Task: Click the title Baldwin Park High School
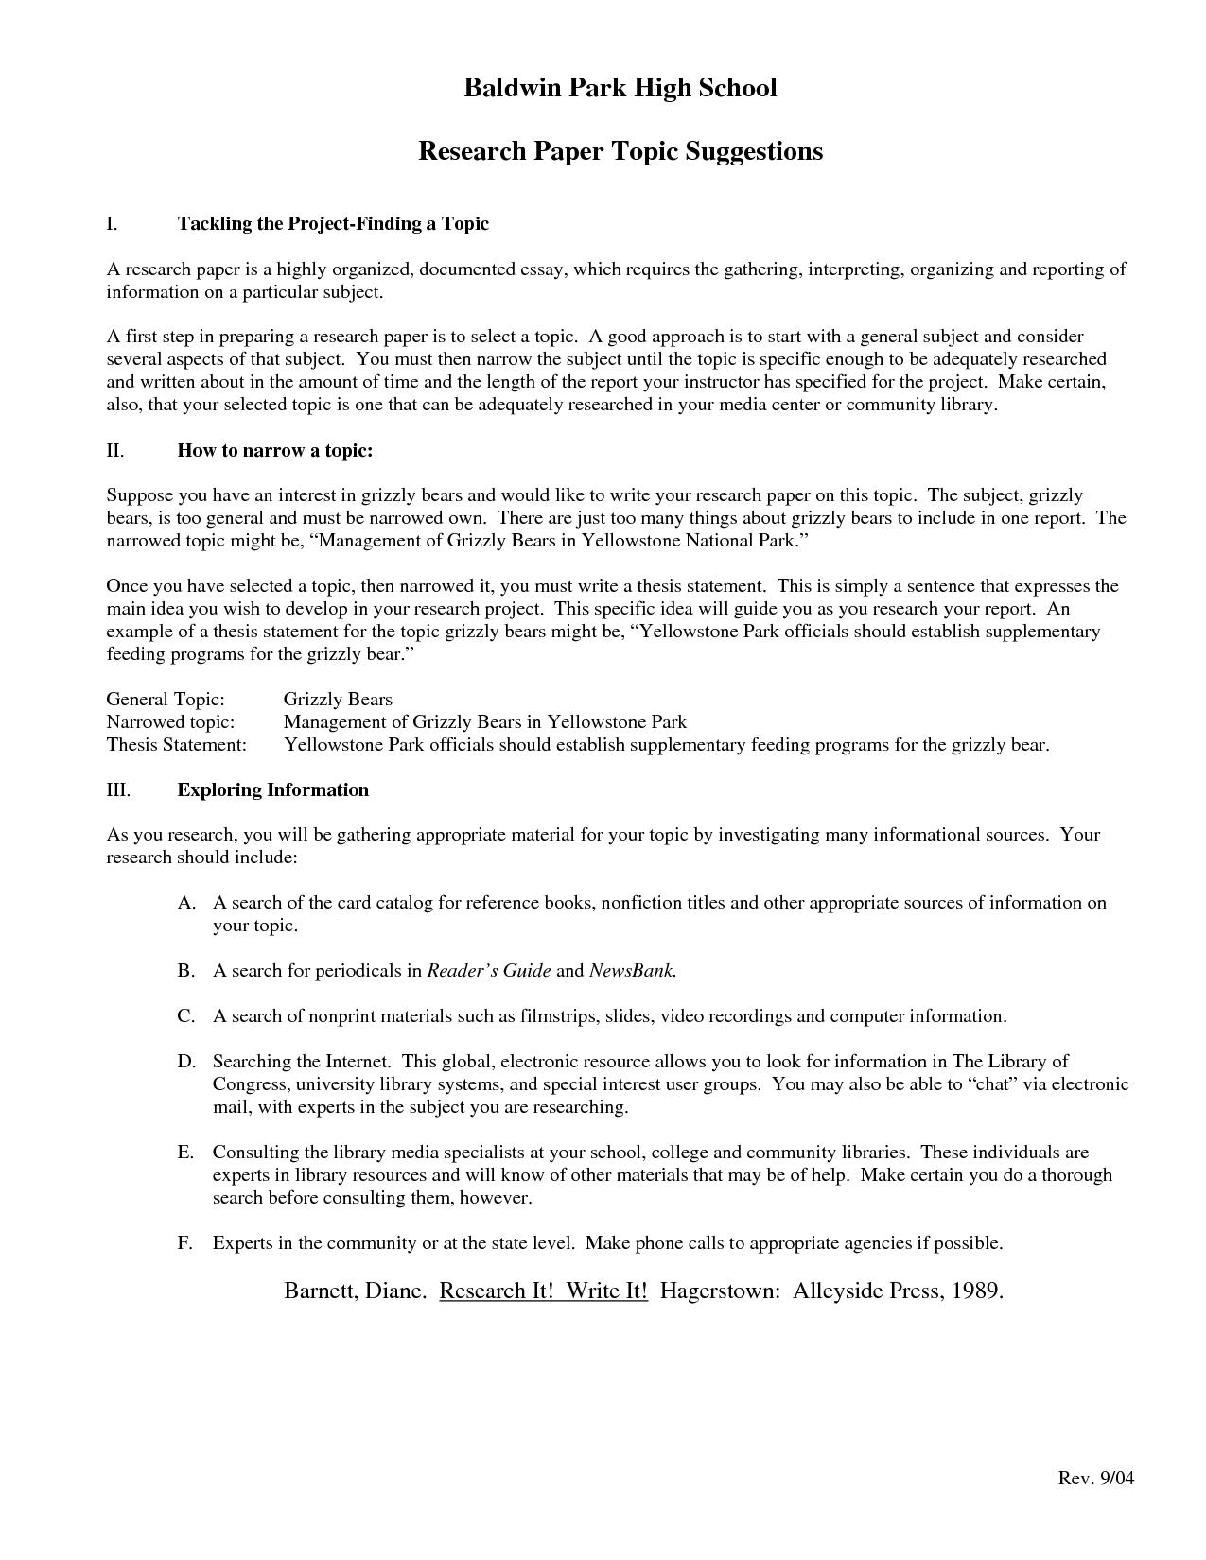(620, 88)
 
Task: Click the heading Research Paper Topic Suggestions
(620, 151)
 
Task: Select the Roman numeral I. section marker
(112, 224)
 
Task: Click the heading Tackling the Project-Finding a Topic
(333, 224)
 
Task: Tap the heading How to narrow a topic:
(275, 451)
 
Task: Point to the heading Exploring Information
(273, 790)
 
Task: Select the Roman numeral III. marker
(118, 790)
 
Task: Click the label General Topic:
(166, 700)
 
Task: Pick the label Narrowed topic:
(169, 722)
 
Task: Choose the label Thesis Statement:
(176, 745)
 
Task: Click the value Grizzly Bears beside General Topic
(338, 700)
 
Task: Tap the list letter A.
(185, 903)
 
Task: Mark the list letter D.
(185, 1062)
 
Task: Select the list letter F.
(184, 1243)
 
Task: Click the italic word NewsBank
(632, 971)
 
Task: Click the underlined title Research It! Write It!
(544, 1291)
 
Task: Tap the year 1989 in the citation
(975, 1291)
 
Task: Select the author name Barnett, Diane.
(356, 1291)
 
